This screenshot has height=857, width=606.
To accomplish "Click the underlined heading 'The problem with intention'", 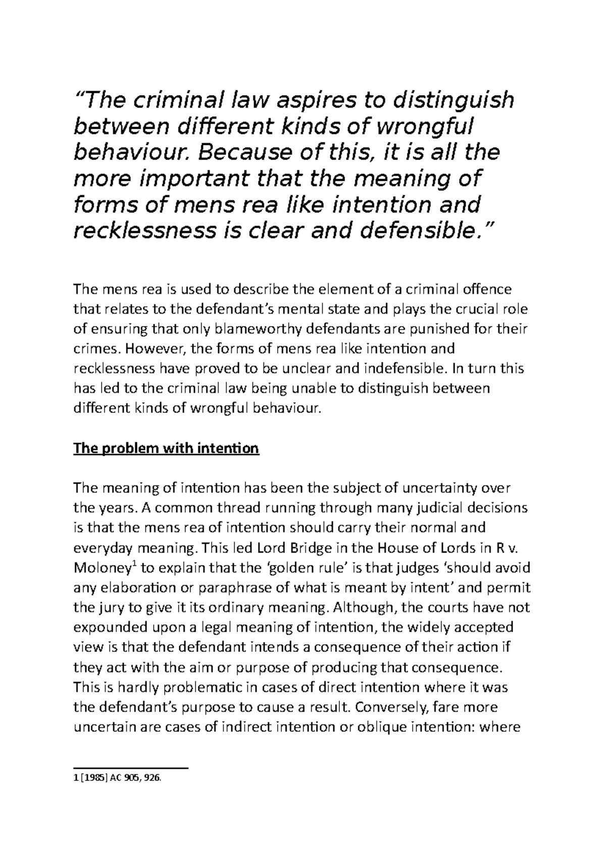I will point(166,448).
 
